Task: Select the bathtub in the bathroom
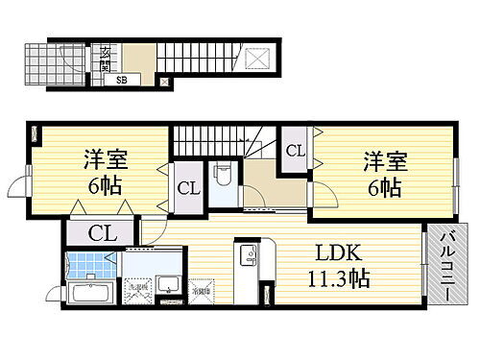[x=92, y=293]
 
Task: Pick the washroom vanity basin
[x=169, y=285]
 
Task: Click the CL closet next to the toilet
[x=187, y=188]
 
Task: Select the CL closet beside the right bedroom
[x=295, y=151]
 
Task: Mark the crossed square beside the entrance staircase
[x=260, y=58]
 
